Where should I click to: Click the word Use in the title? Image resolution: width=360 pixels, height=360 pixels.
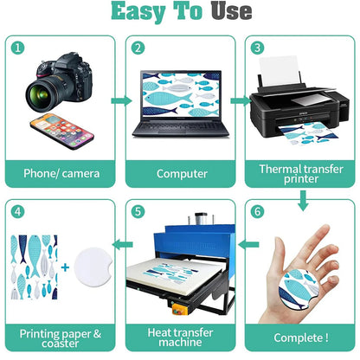tap(231, 11)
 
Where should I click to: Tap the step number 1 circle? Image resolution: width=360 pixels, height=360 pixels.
tap(18, 48)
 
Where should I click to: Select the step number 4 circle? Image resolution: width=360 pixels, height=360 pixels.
tap(18, 211)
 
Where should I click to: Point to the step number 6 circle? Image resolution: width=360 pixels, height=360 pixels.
tap(257, 211)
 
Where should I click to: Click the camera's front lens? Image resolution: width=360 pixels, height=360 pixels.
tap(41, 95)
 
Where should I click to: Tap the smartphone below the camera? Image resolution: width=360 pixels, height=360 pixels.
tap(62, 131)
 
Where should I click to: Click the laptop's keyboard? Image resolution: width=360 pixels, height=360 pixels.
tap(180, 127)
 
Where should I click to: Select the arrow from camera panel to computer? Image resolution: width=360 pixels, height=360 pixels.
tap(121, 100)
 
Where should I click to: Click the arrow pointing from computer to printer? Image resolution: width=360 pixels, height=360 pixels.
tap(241, 100)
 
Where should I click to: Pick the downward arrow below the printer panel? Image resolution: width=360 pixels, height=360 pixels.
tap(303, 200)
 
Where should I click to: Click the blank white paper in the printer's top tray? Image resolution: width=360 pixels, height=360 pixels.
tap(279, 71)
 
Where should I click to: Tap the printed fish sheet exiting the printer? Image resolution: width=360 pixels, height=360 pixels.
tap(305, 133)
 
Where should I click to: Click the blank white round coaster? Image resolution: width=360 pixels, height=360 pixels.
tap(93, 267)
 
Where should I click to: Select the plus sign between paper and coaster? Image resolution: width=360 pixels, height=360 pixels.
tap(65, 267)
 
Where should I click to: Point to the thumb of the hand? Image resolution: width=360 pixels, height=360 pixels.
tap(279, 254)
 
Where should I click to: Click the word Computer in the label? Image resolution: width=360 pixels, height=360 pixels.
tap(182, 174)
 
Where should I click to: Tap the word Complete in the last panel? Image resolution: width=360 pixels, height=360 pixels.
tap(298, 337)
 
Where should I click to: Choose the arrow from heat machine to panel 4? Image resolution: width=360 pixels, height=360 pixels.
tap(122, 245)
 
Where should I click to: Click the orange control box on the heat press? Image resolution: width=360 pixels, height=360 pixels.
tap(179, 308)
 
